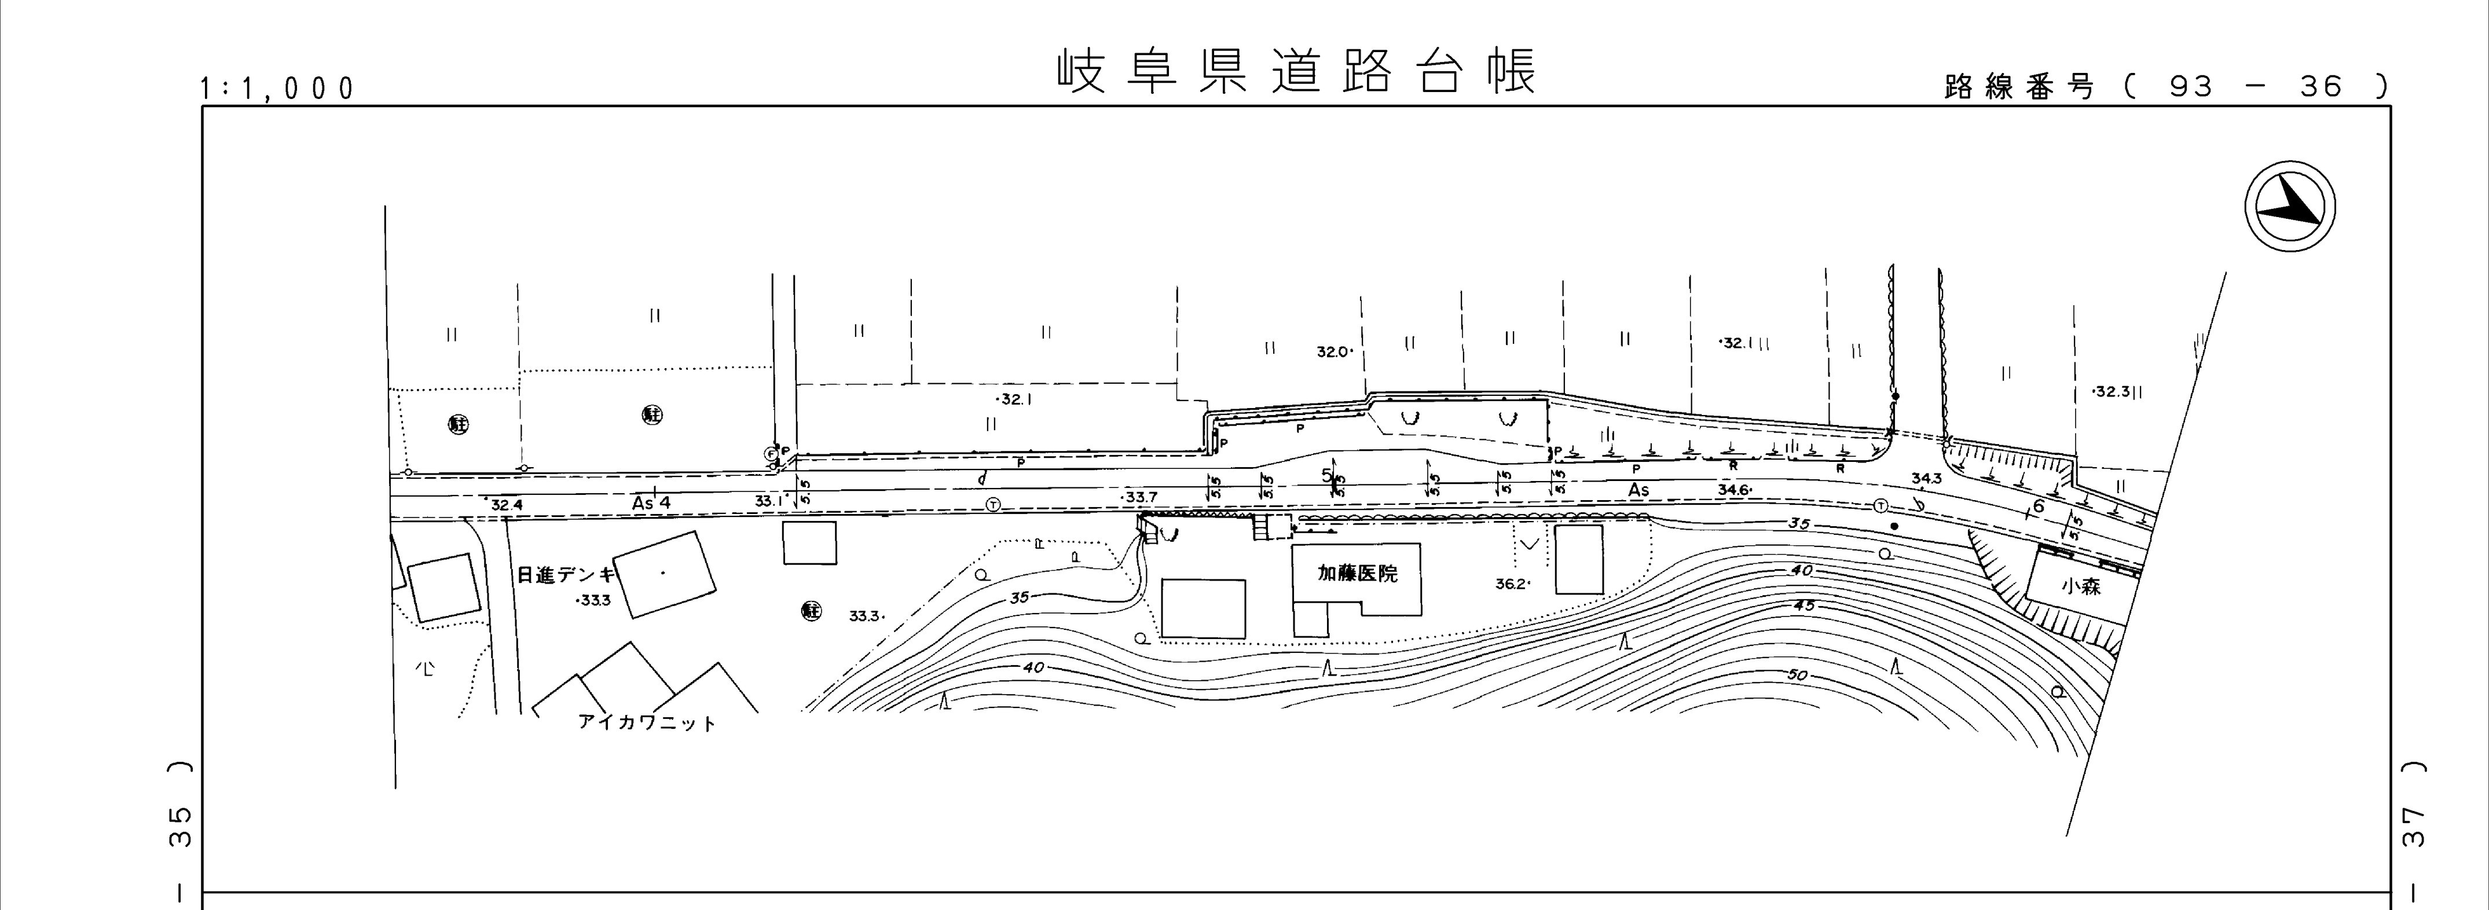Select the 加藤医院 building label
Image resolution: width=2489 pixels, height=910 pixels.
tap(1358, 574)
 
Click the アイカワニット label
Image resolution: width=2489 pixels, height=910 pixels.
tap(647, 722)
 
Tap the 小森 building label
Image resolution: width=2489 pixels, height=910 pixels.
tap(2080, 585)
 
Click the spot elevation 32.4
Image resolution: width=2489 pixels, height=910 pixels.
tap(506, 504)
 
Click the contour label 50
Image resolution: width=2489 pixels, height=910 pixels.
tap(1797, 675)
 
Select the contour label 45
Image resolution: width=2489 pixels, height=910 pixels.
tap(1803, 606)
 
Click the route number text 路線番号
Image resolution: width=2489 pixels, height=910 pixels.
tap(2019, 87)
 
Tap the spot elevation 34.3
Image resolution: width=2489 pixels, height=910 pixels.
tap(1927, 478)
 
